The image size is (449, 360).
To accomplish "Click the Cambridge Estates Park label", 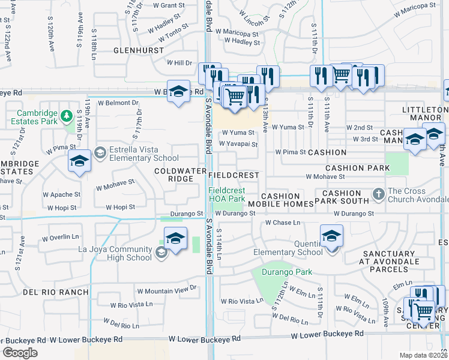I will tap(37, 116).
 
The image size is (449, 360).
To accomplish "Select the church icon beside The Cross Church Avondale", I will tap(378, 194).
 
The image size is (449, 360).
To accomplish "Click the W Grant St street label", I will tap(169, 5).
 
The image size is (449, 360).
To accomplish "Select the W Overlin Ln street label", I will tap(62, 238).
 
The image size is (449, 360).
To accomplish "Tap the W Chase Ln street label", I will tap(283, 223).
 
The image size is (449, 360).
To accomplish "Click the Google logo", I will tap(20, 352).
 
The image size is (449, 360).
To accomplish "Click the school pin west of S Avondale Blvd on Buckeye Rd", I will tap(178, 92).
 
